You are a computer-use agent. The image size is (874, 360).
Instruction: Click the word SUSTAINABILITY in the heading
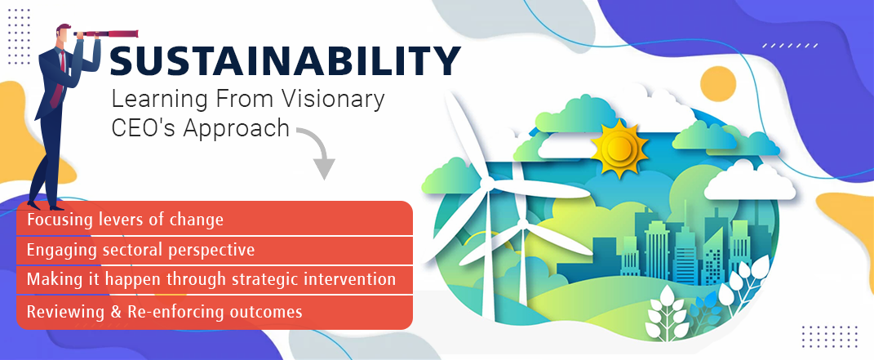285,60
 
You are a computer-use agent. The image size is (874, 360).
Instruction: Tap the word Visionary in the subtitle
340,100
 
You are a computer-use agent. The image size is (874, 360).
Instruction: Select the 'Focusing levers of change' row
215,219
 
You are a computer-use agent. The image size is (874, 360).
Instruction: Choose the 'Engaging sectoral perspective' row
215,251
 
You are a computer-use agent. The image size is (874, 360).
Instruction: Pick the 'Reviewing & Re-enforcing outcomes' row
215,312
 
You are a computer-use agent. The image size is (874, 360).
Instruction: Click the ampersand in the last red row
116,312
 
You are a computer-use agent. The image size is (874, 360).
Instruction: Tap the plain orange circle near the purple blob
718,84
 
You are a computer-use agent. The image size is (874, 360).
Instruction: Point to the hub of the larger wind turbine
485,182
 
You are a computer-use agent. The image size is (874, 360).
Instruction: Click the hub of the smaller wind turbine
522,224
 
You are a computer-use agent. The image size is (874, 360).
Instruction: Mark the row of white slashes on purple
791,45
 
